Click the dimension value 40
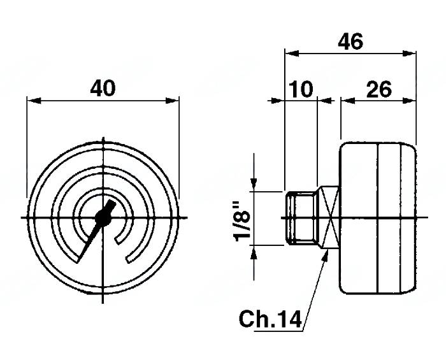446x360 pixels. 103,88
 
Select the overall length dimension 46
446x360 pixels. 350,42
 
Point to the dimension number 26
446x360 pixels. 378,89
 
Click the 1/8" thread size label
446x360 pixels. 241,220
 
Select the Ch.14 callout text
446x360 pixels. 270,318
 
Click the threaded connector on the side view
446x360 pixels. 300,218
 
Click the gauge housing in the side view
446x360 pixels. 378,218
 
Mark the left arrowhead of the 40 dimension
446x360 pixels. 32,100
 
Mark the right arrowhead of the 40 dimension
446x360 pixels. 173,100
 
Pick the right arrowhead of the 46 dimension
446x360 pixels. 411,54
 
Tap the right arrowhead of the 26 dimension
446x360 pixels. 411,100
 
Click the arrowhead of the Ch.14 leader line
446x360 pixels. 327,254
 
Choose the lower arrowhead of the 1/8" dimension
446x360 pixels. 254,250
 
